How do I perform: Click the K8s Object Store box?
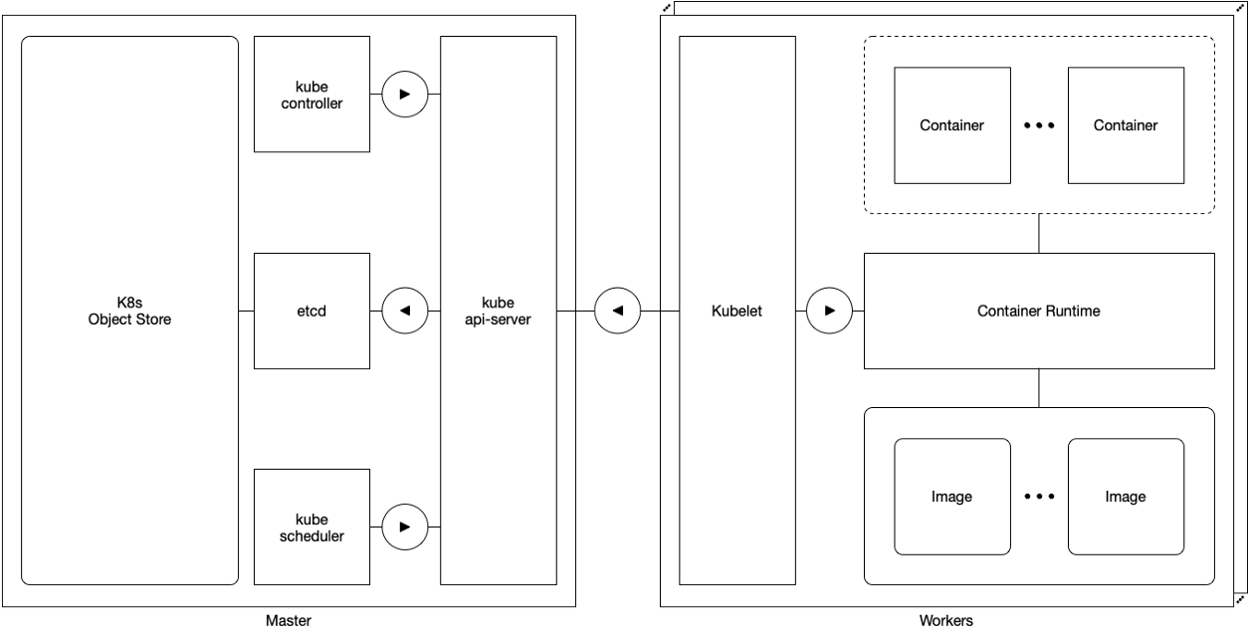click(x=129, y=311)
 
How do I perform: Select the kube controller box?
click(x=312, y=95)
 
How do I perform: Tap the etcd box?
click(x=312, y=311)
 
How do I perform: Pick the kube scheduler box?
click(x=312, y=527)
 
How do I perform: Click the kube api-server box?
click(x=498, y=311)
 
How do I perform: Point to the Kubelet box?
click(x=736, y=311)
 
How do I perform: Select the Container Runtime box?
click(x=1038, y=311)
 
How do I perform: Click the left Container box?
click(x=951, y=125)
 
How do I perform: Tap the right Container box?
click(x=1126, y=125)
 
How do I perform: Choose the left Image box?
click(x=951, y=497)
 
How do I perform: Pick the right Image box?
click(x=1126, y=497)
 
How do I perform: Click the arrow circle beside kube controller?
click(x=404, y=95)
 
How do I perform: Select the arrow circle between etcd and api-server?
click(x=404, y=311)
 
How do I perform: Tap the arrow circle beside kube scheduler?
click(x=404, y=527)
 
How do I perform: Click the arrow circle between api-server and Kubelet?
click(x=617, y=311)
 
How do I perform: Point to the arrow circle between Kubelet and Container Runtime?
click(x=829, y=311)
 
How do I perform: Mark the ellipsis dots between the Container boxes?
click(x=1039, y=126)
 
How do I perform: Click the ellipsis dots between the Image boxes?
click(x=1039, y=497)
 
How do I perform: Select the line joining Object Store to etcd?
click(x=247, y=312)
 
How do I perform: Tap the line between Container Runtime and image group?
click(x=1039, y=388)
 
